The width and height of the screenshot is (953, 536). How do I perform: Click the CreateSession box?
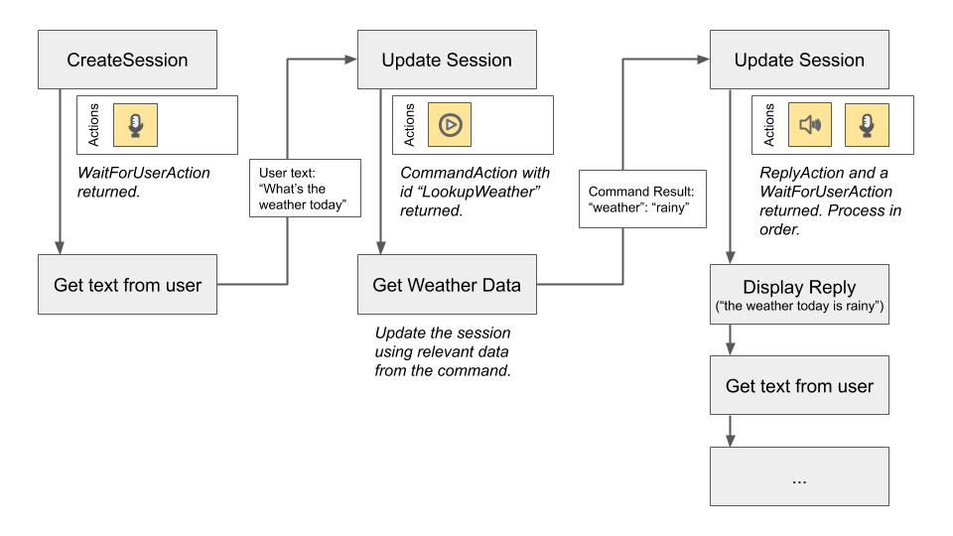(127, 60)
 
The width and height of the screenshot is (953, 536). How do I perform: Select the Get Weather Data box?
(447, 285)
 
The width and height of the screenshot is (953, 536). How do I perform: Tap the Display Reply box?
(799, 295)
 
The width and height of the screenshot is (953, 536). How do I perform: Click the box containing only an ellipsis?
(799, 477)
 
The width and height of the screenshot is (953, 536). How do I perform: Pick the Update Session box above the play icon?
(447, 60)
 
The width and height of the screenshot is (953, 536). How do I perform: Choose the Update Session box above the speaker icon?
(799, 60)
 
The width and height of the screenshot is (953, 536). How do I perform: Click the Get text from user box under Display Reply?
(799, 386)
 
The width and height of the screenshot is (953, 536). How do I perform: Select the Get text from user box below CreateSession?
(127, 285)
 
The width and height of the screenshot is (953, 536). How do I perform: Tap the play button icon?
(450, 124)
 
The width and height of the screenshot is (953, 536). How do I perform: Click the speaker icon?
(810, 124)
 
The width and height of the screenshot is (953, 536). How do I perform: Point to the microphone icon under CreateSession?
(135, 124)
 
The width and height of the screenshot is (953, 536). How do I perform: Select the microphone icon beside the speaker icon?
(866, 124)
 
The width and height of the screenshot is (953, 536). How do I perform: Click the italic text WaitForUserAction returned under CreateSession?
(144, 182)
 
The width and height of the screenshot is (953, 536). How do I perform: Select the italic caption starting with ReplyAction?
(826, 201)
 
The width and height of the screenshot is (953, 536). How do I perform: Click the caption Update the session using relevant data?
(443, 351)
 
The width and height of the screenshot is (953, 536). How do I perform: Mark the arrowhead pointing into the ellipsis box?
(732, 440)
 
